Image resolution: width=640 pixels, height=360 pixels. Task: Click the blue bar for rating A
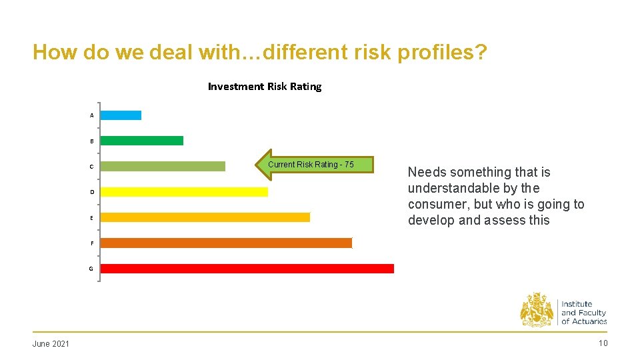click(x=121, y=115)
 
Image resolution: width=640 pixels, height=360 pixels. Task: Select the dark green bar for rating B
click(x=141, y=141)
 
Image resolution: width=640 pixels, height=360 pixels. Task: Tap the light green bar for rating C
click(x=163, y=166)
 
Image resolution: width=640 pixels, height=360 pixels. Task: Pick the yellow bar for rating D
click(x=184, y=192)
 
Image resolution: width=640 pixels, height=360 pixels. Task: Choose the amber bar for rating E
click(x=205, y=217)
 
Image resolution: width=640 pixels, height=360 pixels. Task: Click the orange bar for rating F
click(x=226, y=243)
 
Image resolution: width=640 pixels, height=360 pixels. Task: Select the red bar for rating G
click(x=247, y=269)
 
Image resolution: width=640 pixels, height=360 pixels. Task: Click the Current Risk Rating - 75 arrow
click(x=315, y=165)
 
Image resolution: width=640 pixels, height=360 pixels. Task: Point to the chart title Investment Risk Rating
click(x=265, y=87)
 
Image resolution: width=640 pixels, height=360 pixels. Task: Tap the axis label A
click(x=92, y=116)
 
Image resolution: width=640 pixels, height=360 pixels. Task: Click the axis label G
click(x=91, y=269)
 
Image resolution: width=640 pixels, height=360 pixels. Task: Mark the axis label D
click(x=92, y=192)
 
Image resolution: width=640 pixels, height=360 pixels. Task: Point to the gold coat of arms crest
click(x=537, y=310)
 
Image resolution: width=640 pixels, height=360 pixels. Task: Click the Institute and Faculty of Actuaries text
click(x=583, y=313)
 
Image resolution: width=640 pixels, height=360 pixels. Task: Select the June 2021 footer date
click(x=51, y=343)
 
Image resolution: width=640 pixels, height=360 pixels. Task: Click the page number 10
click(x=603, y=343)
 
